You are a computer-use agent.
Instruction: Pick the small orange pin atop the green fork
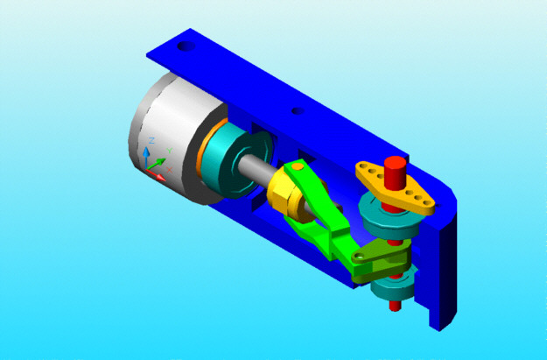click(x=298, y=166)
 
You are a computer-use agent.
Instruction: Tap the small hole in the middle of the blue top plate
click(x=298, y=111)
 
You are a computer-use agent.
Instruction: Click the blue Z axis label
click(x=151, y=140)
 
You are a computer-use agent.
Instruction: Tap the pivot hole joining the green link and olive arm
click(x=358, y=257)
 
